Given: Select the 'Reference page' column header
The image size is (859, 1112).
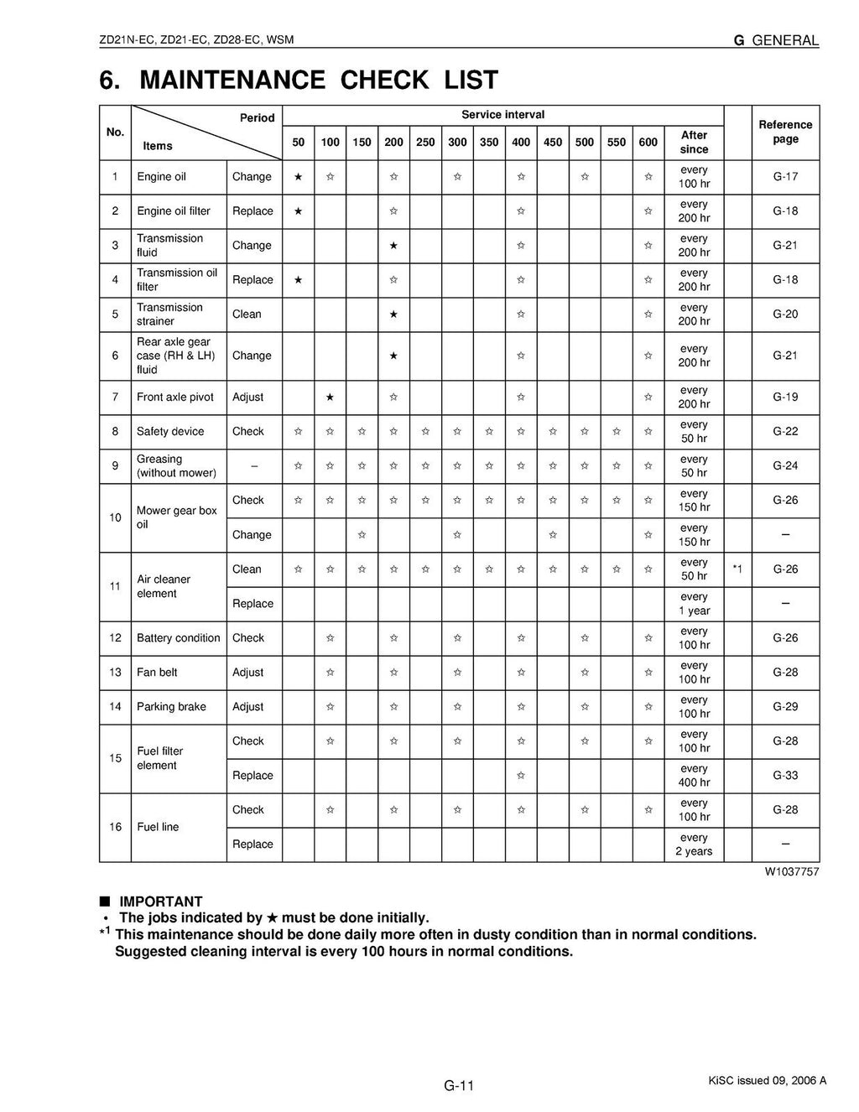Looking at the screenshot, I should (785, 132).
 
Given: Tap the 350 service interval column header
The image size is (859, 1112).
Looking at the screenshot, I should (489, 143).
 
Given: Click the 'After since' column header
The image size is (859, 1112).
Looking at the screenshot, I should (694, 142).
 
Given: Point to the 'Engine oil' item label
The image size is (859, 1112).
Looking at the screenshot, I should (161, 177).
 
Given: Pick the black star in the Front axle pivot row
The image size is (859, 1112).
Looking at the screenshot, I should (330, 397).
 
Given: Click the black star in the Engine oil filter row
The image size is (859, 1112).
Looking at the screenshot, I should (298, 211).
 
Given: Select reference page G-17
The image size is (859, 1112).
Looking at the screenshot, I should (785, 177).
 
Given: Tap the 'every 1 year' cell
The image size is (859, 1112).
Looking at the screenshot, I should (694, 604).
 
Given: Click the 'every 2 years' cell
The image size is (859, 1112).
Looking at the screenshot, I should (694, 844).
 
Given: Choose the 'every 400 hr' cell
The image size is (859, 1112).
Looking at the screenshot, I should (694, 776).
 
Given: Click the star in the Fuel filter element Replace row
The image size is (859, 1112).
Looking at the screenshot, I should (521, 776).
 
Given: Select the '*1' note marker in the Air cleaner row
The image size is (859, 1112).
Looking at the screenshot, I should (737, 569).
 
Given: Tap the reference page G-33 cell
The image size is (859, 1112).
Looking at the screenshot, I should (785, 776).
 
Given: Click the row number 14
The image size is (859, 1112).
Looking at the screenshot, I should (115, 707).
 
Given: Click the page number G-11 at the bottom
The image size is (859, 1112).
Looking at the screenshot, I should (459, 1086).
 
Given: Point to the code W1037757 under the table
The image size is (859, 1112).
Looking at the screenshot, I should (791, 872).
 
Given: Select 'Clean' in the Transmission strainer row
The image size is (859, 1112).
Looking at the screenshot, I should (247, 314).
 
